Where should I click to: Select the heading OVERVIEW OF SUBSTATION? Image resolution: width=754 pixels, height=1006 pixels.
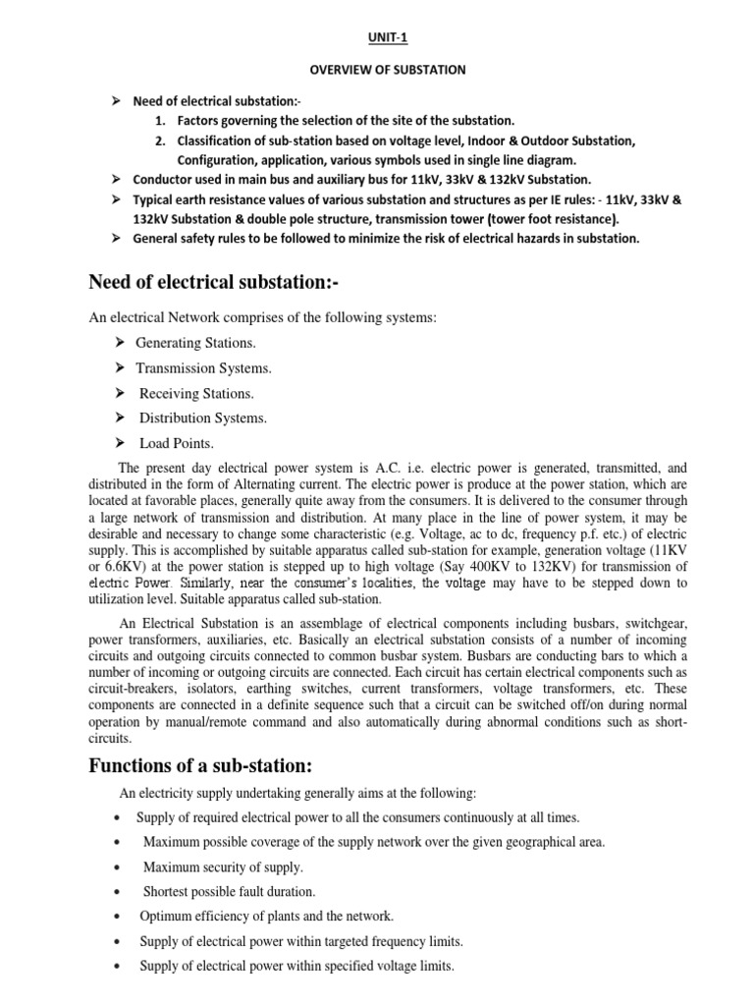(376, 70)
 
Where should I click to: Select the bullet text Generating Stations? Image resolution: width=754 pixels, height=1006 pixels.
(196, 343)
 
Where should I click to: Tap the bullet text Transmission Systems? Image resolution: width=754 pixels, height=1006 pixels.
(203, 367)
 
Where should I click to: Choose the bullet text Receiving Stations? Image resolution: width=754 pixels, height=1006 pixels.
(196, 393)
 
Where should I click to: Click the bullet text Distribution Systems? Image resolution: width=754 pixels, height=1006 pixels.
(203, 418)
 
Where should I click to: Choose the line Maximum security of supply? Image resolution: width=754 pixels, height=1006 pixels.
(223, 867)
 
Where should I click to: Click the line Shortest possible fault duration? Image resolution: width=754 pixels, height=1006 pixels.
(230, 892)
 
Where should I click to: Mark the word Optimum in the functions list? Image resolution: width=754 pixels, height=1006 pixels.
(167, 917)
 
